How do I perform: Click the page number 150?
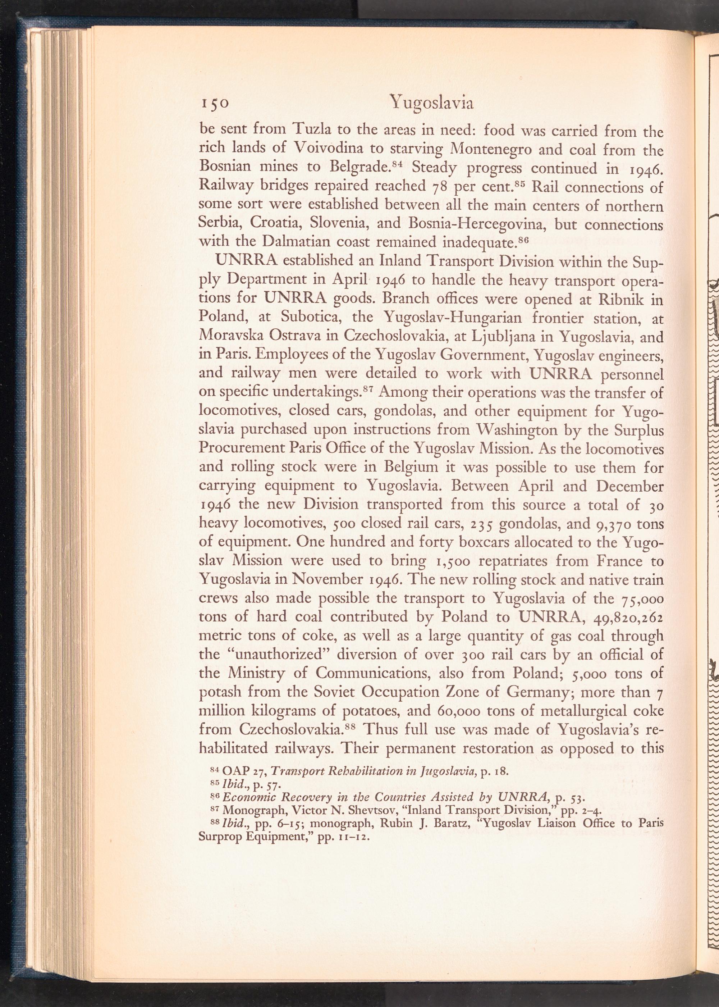coord(214,103)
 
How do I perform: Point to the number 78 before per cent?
coord(440,187)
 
